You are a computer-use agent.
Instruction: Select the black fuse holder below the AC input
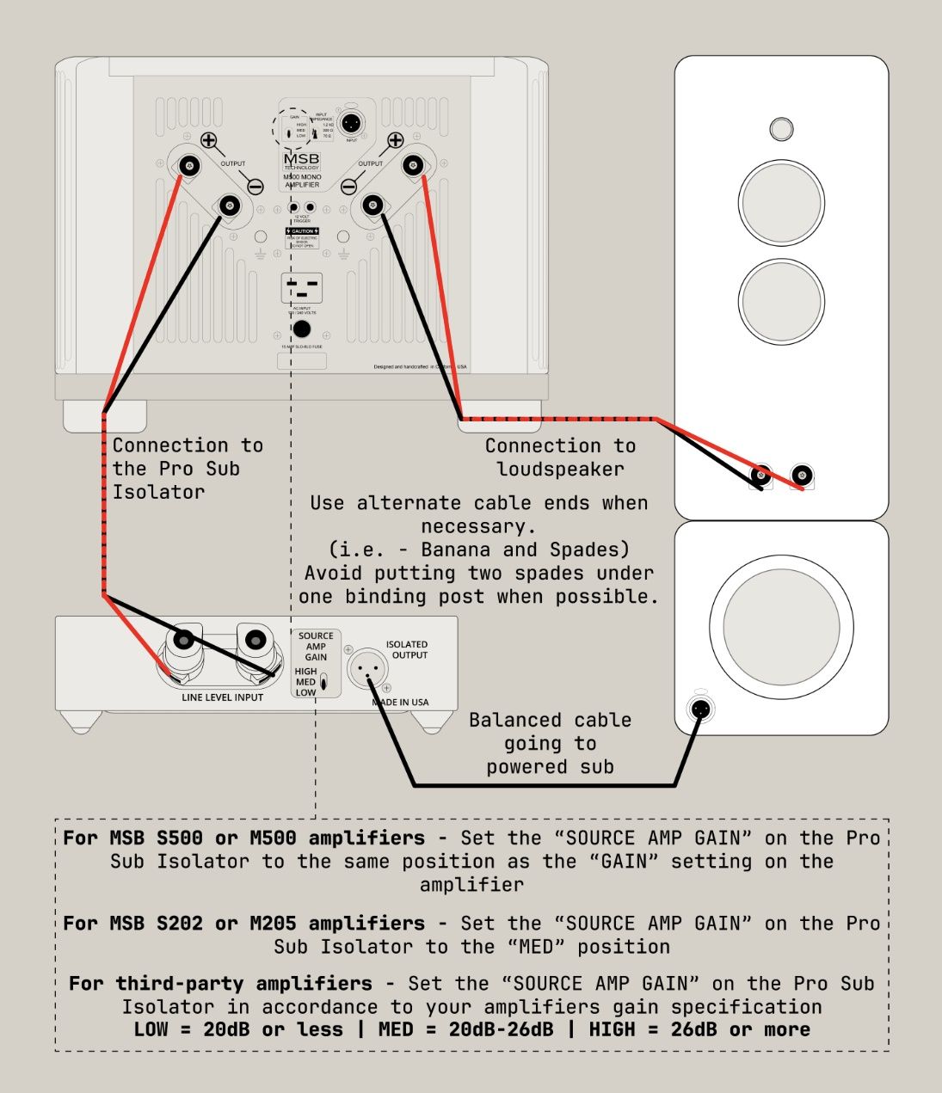point(301,329)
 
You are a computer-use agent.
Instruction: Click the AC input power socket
point(301,288)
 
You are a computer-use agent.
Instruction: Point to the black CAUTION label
point(302,231)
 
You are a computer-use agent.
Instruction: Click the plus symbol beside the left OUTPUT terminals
point(208,140)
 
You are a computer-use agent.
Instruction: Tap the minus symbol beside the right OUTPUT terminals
point(348,187)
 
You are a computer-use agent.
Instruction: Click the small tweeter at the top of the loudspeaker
point(780,129)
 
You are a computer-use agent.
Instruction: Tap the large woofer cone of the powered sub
point(781,625)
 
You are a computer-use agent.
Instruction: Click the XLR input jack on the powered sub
point(700,709)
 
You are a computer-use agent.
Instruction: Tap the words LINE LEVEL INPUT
point(222,697)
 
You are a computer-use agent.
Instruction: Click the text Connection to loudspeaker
point(560,457)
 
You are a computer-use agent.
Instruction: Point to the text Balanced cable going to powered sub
point(551,744)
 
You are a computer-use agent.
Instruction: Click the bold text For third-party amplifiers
point(220,984)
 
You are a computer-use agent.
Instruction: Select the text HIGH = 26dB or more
point(699,1030)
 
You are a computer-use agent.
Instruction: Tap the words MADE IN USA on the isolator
point(400,703)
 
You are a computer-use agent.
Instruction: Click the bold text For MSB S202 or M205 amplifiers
point(243,924)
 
